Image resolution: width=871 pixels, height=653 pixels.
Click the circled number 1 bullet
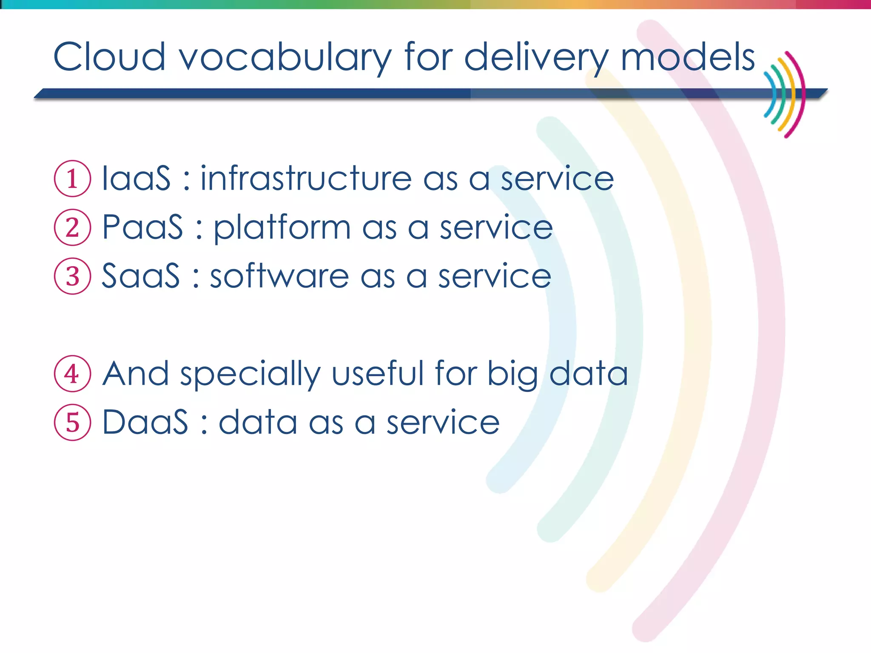click(x=72, y=179)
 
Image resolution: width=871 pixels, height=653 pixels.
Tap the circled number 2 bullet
click(x=72, y=227)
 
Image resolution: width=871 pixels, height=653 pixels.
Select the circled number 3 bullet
click(x=72, y=276)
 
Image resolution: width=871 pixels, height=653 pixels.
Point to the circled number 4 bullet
click(x=72, y=374)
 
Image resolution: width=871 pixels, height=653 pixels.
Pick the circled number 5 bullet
click(x=72, y=423)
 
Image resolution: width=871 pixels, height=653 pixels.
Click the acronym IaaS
click(x=136, y=179)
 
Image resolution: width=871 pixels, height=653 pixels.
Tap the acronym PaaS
click(x=142, y=227)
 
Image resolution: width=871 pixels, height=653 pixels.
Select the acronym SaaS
click(x=141, y=276)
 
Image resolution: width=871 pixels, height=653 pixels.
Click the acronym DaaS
click(x=145, y=423)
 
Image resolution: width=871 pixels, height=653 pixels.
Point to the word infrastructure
click(x=306, y=179)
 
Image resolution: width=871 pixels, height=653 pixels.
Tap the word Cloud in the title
click(x=109, y=57)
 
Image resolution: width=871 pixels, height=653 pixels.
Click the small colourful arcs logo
click(x=784, y=94)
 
